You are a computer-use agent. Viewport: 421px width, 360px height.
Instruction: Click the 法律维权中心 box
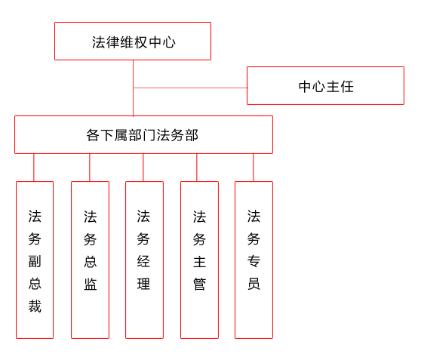pyautogui.click(x=133, y=41)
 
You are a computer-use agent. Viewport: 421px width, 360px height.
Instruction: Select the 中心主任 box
pyautogui.click(x=325, y=86)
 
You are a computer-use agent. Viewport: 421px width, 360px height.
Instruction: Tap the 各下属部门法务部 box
pyautogui.click(x=143, y=134)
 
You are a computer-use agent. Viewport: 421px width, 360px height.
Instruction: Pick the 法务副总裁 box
pyautogui.click(x=35, y=260)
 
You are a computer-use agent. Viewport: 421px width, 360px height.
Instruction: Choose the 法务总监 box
pyautogui.click(x=90, y=260)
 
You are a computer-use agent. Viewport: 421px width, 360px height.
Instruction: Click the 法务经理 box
pyautogui.click(x=144, y=260)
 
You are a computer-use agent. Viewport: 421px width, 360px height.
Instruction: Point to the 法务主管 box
pyautogui.click(x=199, y=260)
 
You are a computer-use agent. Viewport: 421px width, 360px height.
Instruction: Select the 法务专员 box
pyautogui.click(x=254, y=260)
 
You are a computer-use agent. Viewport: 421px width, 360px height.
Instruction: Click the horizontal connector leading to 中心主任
pyautogui.click(x=190, y=88)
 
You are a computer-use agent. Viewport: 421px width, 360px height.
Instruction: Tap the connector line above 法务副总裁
pyautogui.click(x=34, y=168)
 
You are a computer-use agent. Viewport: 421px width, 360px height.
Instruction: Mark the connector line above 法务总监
pyautogui.click(x=90, y=168)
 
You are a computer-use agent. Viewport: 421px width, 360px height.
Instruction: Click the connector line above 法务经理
pyautogui.click(x=143, y=168)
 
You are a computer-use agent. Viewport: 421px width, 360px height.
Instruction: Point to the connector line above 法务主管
pyautogui.click(x=196, y=168)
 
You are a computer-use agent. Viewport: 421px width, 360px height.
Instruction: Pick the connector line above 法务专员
pyautogui.click(x=254, y=168)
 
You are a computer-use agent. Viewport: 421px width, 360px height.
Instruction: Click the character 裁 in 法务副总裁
pyautogui.click(x=35, y=306)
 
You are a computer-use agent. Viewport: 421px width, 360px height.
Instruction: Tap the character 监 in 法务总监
pyautogui.click(x=91, y=284)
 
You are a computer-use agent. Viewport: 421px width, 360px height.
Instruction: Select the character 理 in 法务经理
pyautogui.click(x=143, y=284)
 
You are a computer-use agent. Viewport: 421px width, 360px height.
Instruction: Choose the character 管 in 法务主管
pyautogui.click(x=199, y=285)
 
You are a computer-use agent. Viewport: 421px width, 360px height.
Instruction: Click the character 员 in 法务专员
pyautogui.click(x=254, y=284)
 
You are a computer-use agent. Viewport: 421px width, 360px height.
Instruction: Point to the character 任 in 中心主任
pyautogui.click(x=347, y=87)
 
